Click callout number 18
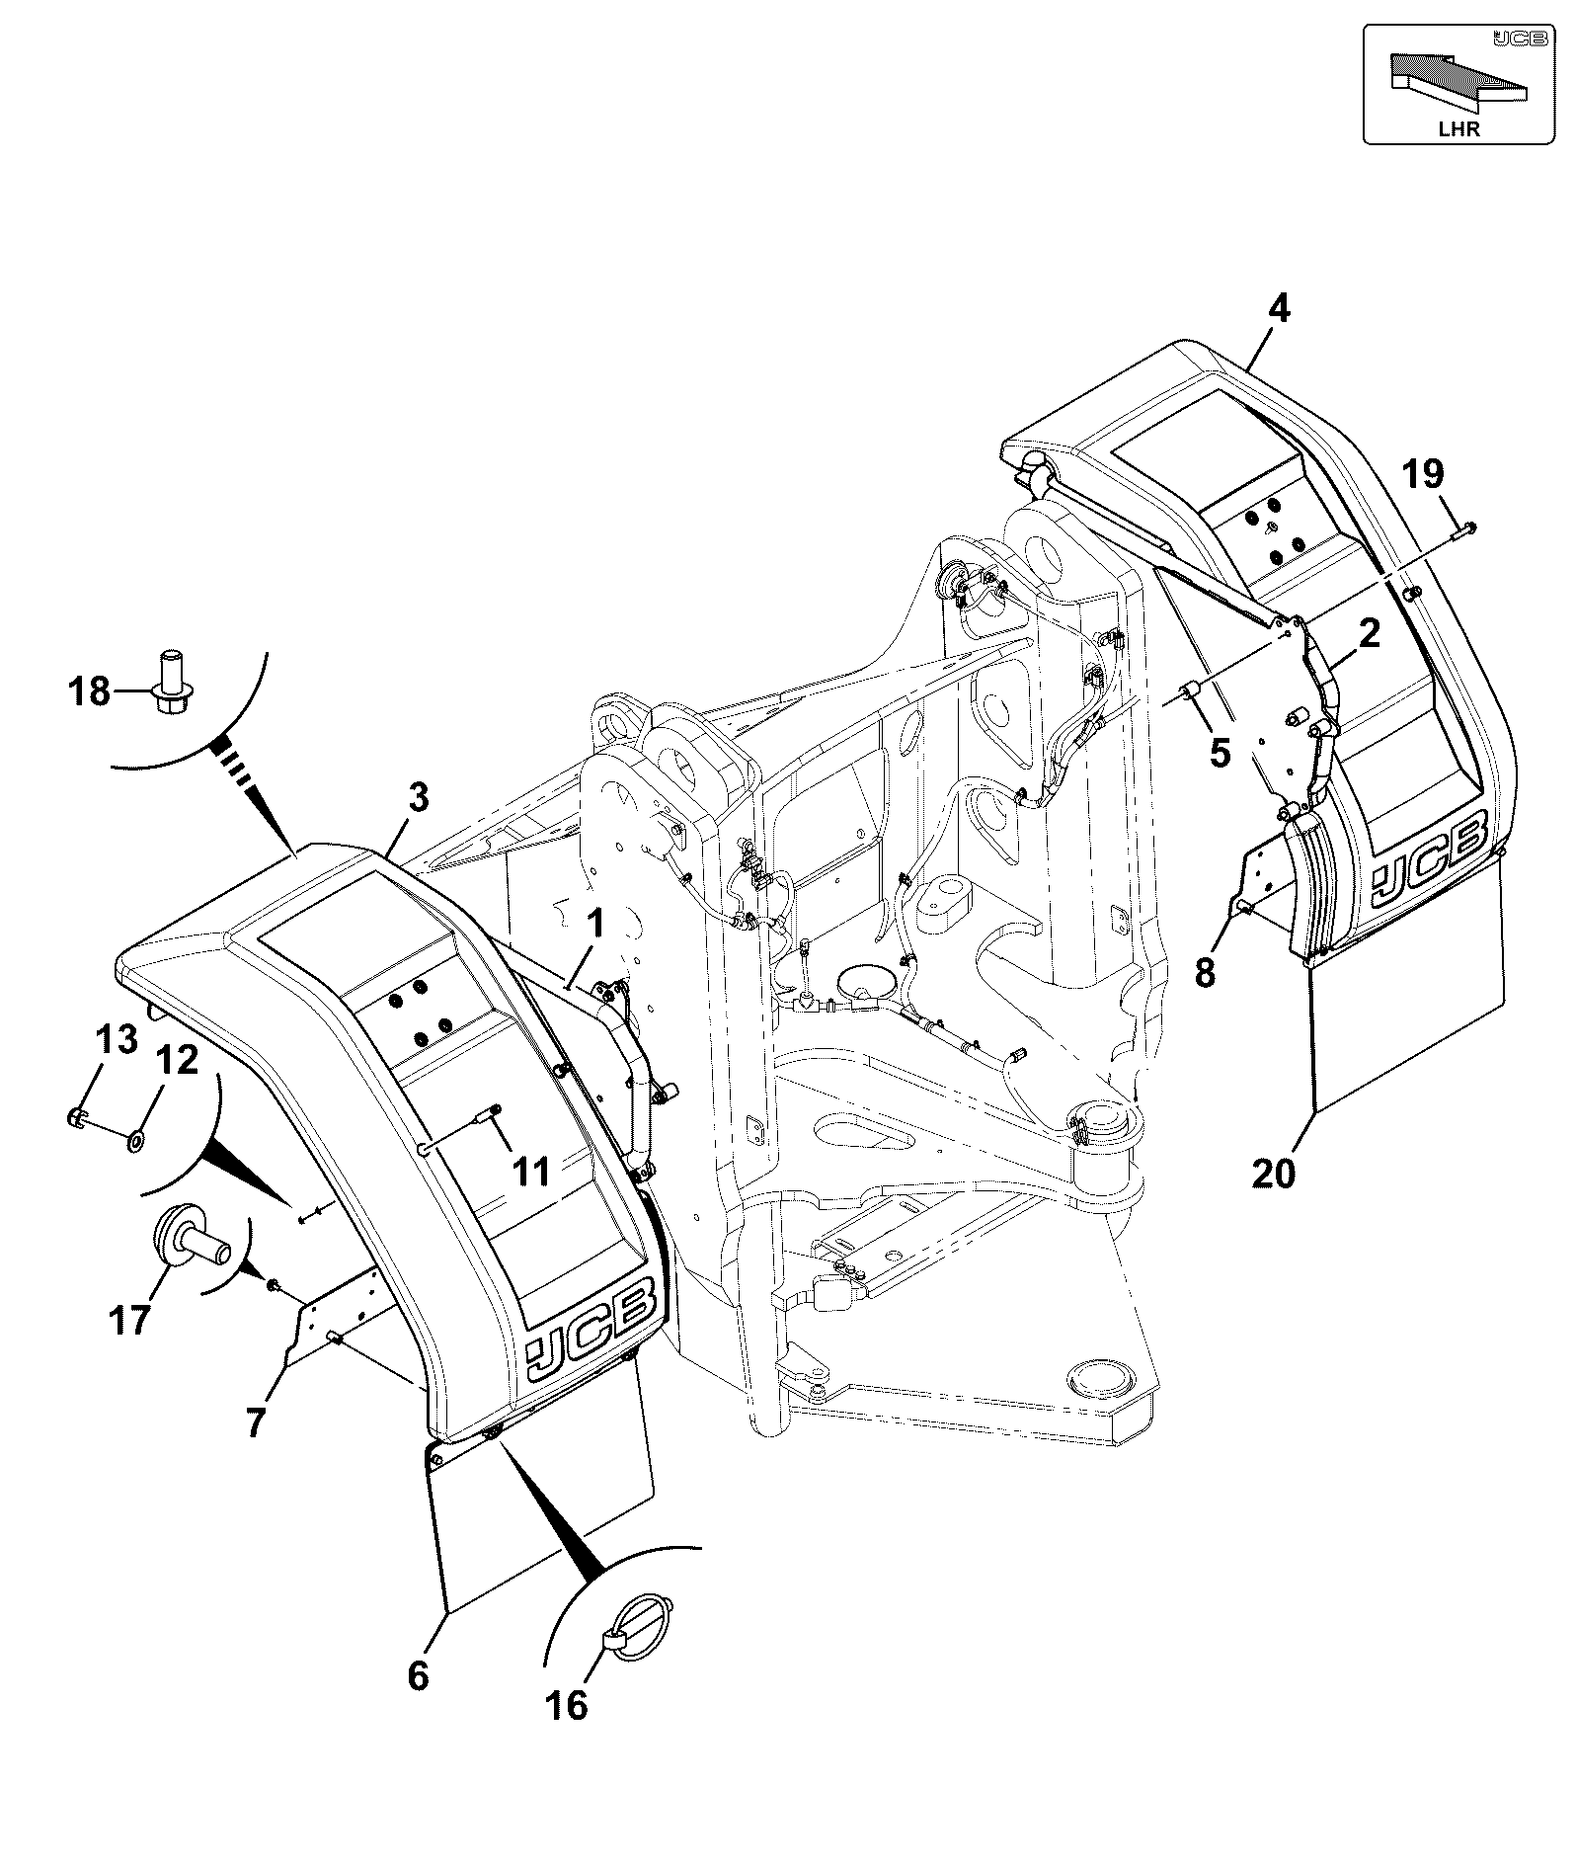tap(89, 690)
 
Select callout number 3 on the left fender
tap(420, 797)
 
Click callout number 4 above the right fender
tap(1278, 309)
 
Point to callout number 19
tap(1423, 474)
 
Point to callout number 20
tap(1273, 1174)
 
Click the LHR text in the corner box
tap(1459, 129)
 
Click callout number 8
tap(1205, 972)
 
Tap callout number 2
tap(1369, 634)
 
